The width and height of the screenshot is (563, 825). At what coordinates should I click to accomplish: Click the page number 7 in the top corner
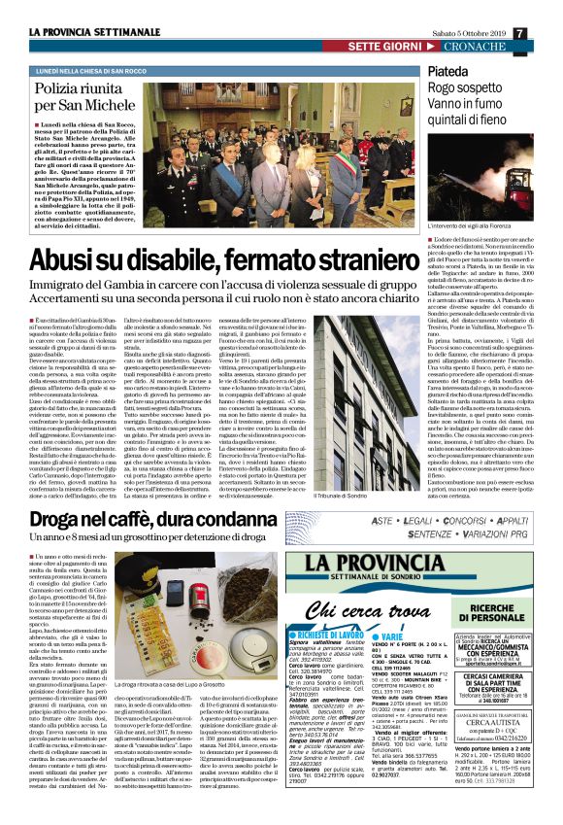[547, 8]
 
